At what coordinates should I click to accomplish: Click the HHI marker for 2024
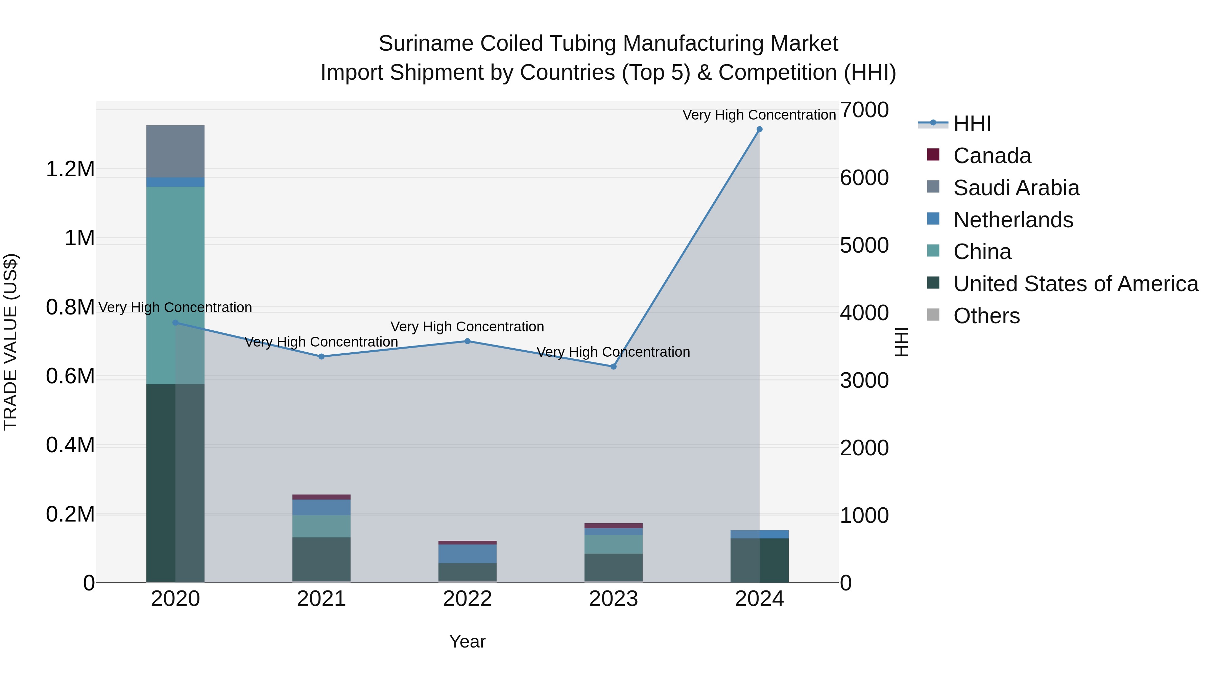[x=759, y=129]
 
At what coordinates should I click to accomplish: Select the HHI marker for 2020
[x=175, y=323]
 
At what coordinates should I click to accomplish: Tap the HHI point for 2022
[x=467, y=341]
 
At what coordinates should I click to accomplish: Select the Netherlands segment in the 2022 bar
[x=467, y=554]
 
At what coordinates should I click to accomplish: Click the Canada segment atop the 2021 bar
[x=321, y=497]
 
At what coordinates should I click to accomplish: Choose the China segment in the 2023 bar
[x=613, y=544]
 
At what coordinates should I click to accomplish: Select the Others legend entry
[x=986, y=316]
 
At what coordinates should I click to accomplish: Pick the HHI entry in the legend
[x=972, y=124]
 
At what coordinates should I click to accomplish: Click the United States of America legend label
[x=1075, y=284]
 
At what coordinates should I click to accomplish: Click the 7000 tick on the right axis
[x=864, y=110]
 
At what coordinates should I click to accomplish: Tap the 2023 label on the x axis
[x=613, y=599]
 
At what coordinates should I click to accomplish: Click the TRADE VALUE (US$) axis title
[x=10, y=342]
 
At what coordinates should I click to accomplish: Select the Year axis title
[x=467, y=641]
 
